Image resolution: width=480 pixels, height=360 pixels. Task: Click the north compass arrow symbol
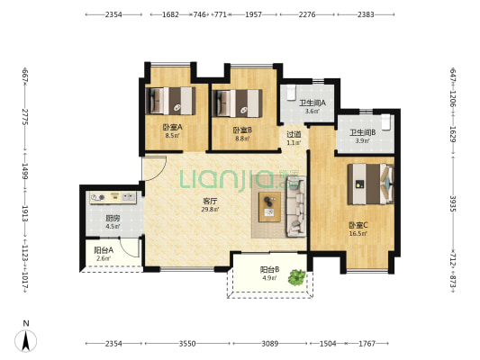(26, 340)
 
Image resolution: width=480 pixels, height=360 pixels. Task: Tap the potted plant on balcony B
(297, 277)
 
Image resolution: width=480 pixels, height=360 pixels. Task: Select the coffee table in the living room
(269, 207)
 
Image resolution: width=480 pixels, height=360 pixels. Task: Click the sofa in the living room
(296, 206)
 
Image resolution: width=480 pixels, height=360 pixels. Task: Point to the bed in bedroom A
(170, 101)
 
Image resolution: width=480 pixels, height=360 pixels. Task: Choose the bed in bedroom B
(237, 103)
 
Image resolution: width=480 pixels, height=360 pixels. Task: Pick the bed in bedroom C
(370, 184)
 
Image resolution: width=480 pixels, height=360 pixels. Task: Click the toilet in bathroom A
(291, 93)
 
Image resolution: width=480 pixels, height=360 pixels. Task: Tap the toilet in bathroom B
(386, 122)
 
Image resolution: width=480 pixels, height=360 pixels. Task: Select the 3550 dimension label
(187, 344)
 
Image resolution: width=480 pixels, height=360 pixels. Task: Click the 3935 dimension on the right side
(453, 203)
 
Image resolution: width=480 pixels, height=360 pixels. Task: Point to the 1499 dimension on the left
(25, 171)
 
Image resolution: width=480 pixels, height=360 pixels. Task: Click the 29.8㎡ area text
(210, 210)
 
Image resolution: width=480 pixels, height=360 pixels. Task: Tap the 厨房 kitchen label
(113, 219)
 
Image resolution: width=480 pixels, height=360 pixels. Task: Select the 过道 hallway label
(294, 134)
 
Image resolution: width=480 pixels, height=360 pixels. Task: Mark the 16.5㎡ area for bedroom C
(358, 234)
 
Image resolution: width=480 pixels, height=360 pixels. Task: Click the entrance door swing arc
(159, 174)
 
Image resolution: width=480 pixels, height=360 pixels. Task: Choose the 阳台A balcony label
(104, 250)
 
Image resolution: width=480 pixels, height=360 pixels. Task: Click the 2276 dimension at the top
(307, 14)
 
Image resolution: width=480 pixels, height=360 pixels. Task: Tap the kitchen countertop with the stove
(113, 198)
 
